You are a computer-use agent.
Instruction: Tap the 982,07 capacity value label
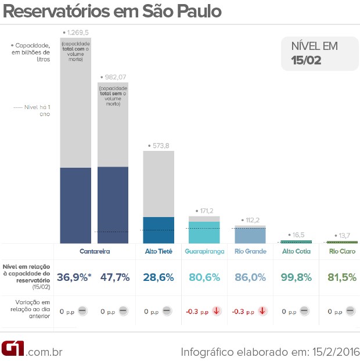(114, 77)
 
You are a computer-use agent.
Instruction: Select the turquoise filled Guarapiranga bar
(204, 232)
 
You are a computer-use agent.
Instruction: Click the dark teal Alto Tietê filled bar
(159, 230)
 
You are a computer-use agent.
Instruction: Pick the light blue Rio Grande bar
(250, 234)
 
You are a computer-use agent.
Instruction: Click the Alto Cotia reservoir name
(296, 251)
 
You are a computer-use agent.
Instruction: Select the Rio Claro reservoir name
(342, 251)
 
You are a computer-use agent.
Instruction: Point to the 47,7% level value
(114, 277)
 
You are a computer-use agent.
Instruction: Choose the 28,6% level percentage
(159, 277)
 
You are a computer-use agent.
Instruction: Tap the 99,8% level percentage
(296, 277)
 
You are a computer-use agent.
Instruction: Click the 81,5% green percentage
(342, 277)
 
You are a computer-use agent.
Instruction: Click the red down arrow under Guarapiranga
(217, 311)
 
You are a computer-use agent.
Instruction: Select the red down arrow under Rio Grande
(262, 311)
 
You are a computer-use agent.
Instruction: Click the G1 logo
(13, 349)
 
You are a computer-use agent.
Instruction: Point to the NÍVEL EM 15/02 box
(319, 53)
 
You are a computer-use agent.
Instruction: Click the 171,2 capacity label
(206, 210)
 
